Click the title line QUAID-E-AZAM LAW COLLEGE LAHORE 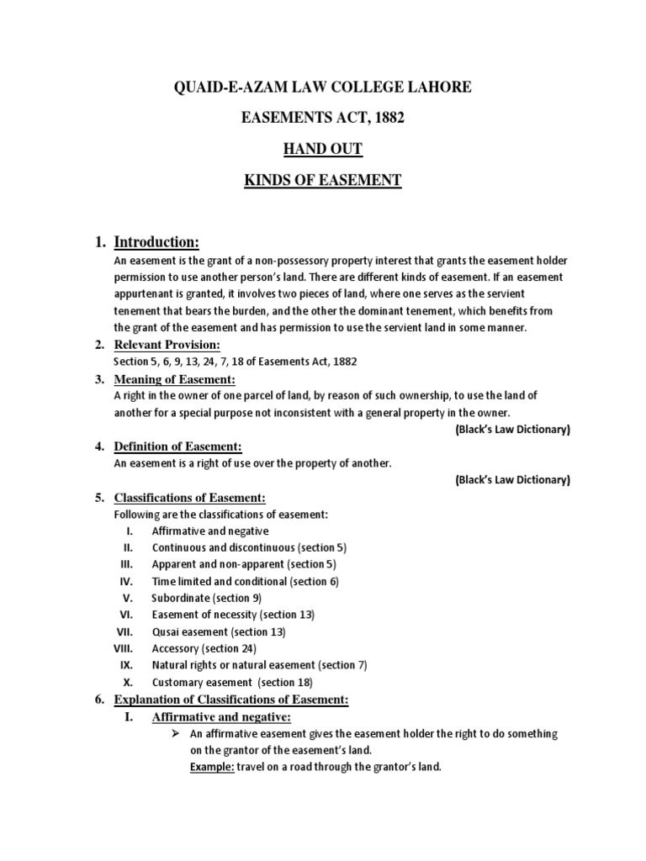pos(323,87)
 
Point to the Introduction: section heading pos(156,243)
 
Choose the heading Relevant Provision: pos(167,346)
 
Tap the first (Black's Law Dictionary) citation pos(512,430)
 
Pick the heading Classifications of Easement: pos(189,498)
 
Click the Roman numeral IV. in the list pos(126,581)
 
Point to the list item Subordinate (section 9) pos(206,598)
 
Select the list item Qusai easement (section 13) pos(219,631)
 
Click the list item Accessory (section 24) pos(204,648)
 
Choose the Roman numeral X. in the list pos(129,682)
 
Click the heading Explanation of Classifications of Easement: pos(230,700)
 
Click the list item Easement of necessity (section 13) pos(233,615)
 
